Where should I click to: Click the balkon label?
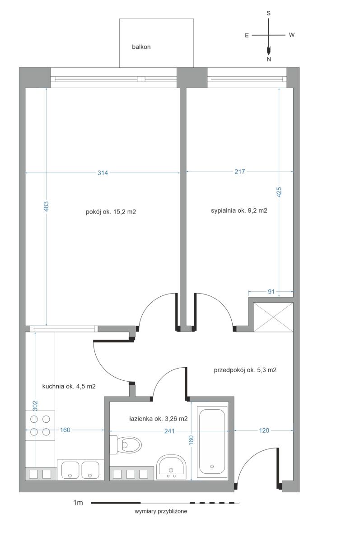pyautogui.click(x=141, y=47)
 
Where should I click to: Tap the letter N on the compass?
pyautogui.click(x=269, y=59)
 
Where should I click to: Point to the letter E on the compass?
pyautogui.click(x=247, y=35)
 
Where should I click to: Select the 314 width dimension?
pyautogui.click(x=103, y=173)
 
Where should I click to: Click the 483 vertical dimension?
pyautogui.click(x=46, y=206)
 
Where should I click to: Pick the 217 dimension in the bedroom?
pyautogui.click(x=239, y=172)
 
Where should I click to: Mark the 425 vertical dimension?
pyautogui.click(x=279, y=192)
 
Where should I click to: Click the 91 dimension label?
pyautogui.click(x=271, y=292)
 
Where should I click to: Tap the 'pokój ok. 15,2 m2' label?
pyautogui.click(x=111, y=212)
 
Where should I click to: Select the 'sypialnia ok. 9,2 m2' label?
pyautogui.click(x=239, y=210)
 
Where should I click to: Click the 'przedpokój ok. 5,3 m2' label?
pyautogui.click(x=245, y=370)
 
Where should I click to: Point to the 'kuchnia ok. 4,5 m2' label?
pyautogui.click(x=69, y=387)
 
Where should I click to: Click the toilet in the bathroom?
pyautogui.click(x=126, y=444)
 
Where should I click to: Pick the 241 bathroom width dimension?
pyautogui.click(x=169, y=431)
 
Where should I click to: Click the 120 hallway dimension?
pyautogui.click(x=264, y=430)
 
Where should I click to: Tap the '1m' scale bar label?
pyautogui.click(x=78, y=503)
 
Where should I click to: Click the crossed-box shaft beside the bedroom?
pyautogui.click(x=273, y=317)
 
